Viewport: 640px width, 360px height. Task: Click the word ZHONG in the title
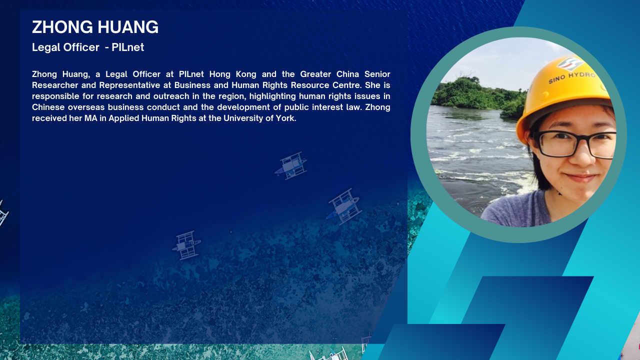pyautogui.click(x=62, y=27)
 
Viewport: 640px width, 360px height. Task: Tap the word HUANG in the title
pyautogui.click(x=128, y=27)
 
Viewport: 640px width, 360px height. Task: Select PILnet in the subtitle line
pyautogui.click(x=127, y=47)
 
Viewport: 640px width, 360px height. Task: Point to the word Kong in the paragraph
pyautogui.click(x=246, y=74)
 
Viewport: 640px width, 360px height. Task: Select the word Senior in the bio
pyautogui.click(x=377, y=74)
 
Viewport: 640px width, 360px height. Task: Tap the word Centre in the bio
pyautogui.click(x=346, y=85)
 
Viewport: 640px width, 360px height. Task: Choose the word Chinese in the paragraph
pyautogui.click(x=48, y=107)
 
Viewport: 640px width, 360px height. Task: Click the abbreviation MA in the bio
pyautogui.click(x=91, y=118)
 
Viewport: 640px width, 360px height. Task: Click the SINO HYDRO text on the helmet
pyautogui.click(x=572, y=77)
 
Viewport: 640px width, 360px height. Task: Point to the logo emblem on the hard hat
pyautogui.click(x=570, y=63)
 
